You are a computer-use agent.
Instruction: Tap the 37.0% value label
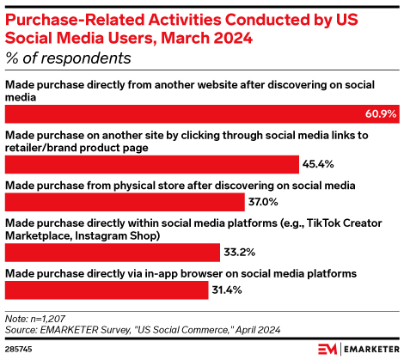pyautogui.click(x=262, y=202)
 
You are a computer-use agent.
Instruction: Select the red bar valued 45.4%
pyautogui.click(x=151, y=163)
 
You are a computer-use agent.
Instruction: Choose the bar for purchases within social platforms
pyautogui.click(x=112, y=252)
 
